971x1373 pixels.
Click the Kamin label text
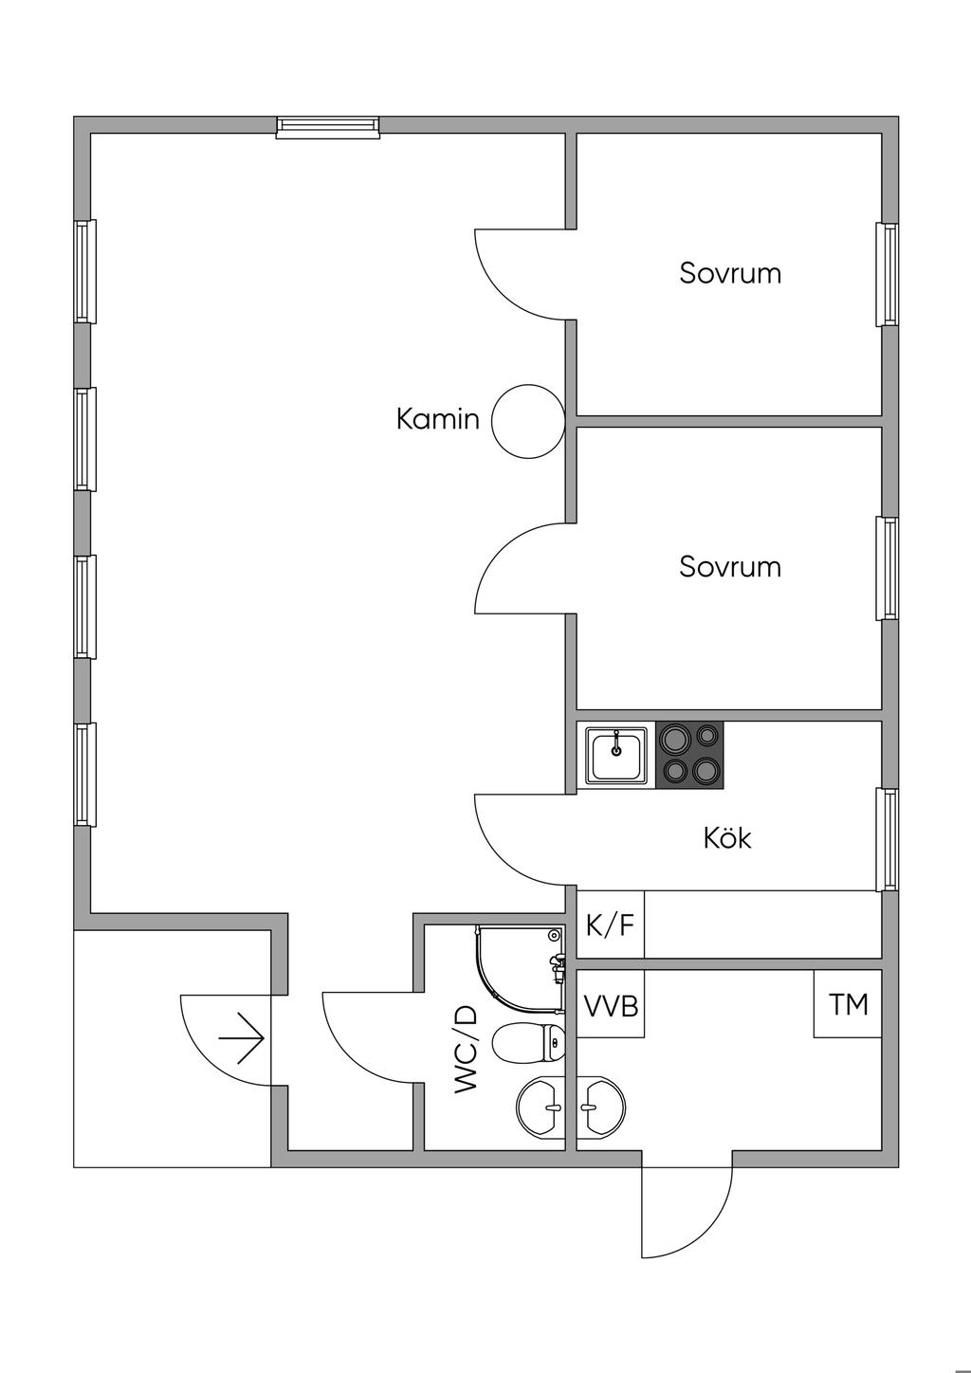tap(438, 420)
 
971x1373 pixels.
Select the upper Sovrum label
tap(730, 273)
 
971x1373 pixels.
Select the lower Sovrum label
tap(730, 567)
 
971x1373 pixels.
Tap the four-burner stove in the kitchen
tap(689, 755)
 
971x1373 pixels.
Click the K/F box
tap(611, 924)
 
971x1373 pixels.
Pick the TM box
tap(848, 1004)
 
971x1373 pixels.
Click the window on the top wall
tap(328, 127)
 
